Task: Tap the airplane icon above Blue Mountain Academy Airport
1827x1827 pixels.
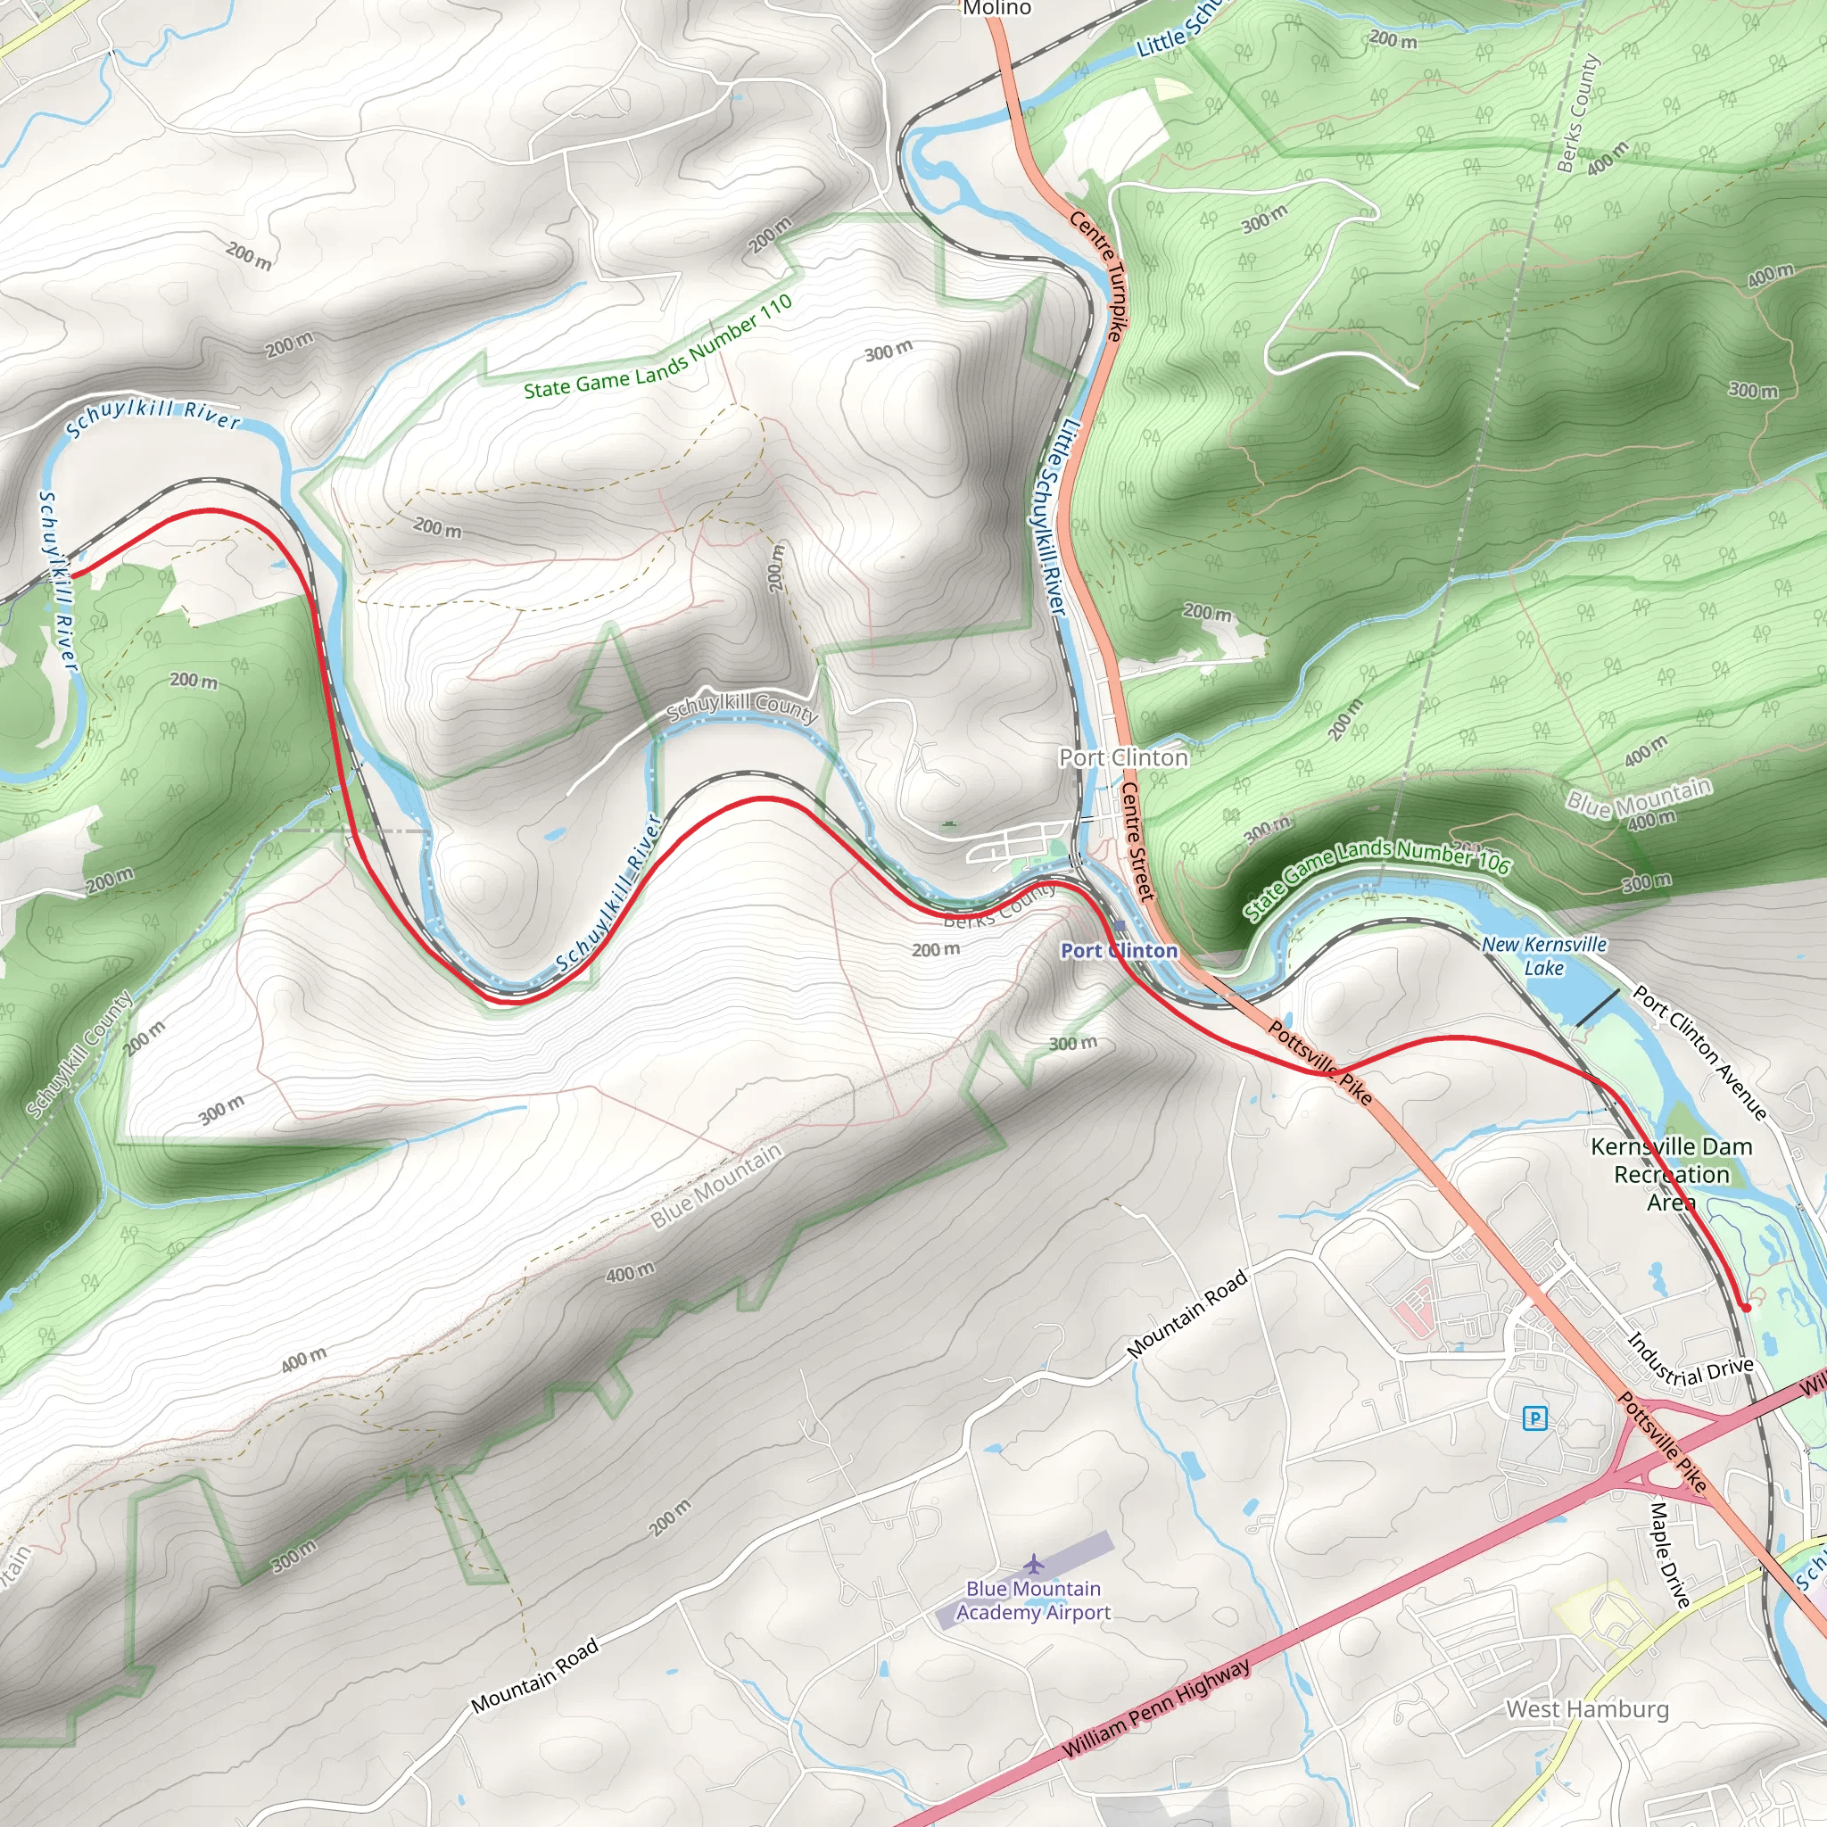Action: pos(1035,1561)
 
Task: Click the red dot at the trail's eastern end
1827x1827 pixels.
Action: pos(1746,1308)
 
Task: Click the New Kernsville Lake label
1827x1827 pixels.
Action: pos(1543,956)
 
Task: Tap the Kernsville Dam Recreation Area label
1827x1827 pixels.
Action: pos(1671,1174)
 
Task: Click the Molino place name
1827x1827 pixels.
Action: pos(996,9)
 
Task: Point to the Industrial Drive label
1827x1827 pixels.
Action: pos(1690,1363)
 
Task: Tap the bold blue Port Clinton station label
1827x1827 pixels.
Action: pos(1120,950)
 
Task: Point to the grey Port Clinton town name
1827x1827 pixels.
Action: pos(1123,757)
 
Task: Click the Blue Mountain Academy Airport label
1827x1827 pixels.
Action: pos(1034,1601)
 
